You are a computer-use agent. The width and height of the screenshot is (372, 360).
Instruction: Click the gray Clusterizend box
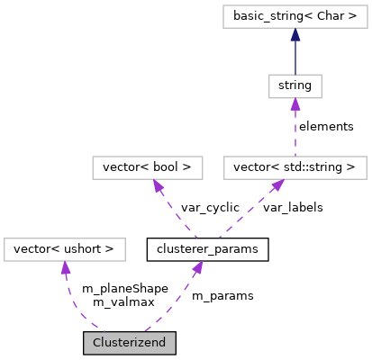click(129, 343)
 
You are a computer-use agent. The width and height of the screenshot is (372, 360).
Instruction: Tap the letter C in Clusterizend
click(97, 343)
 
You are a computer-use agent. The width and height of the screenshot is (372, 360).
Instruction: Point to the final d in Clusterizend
click(162, 343)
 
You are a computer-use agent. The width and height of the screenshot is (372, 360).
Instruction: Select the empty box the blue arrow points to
click(295, 16)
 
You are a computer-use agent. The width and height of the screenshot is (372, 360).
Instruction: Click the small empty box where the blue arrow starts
click(295, 86)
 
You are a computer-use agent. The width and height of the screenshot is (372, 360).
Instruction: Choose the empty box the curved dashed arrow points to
click(64, 249)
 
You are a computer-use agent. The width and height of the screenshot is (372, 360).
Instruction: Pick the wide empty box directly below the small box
click(295, 167)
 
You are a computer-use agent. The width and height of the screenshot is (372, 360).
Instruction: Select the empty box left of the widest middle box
click(148, 167)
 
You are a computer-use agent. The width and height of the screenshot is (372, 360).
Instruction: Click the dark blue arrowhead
click(295, 34)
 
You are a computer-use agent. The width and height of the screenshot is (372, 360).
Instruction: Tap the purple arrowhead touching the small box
click(295, 104)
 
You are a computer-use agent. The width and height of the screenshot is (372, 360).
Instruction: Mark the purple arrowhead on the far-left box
click(65, 267)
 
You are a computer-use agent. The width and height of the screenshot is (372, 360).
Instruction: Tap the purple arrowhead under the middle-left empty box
click(158, 185)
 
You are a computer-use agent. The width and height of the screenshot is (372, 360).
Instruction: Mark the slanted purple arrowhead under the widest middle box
click(278, 184)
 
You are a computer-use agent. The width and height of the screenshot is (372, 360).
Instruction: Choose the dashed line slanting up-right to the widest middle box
click(248, 211)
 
